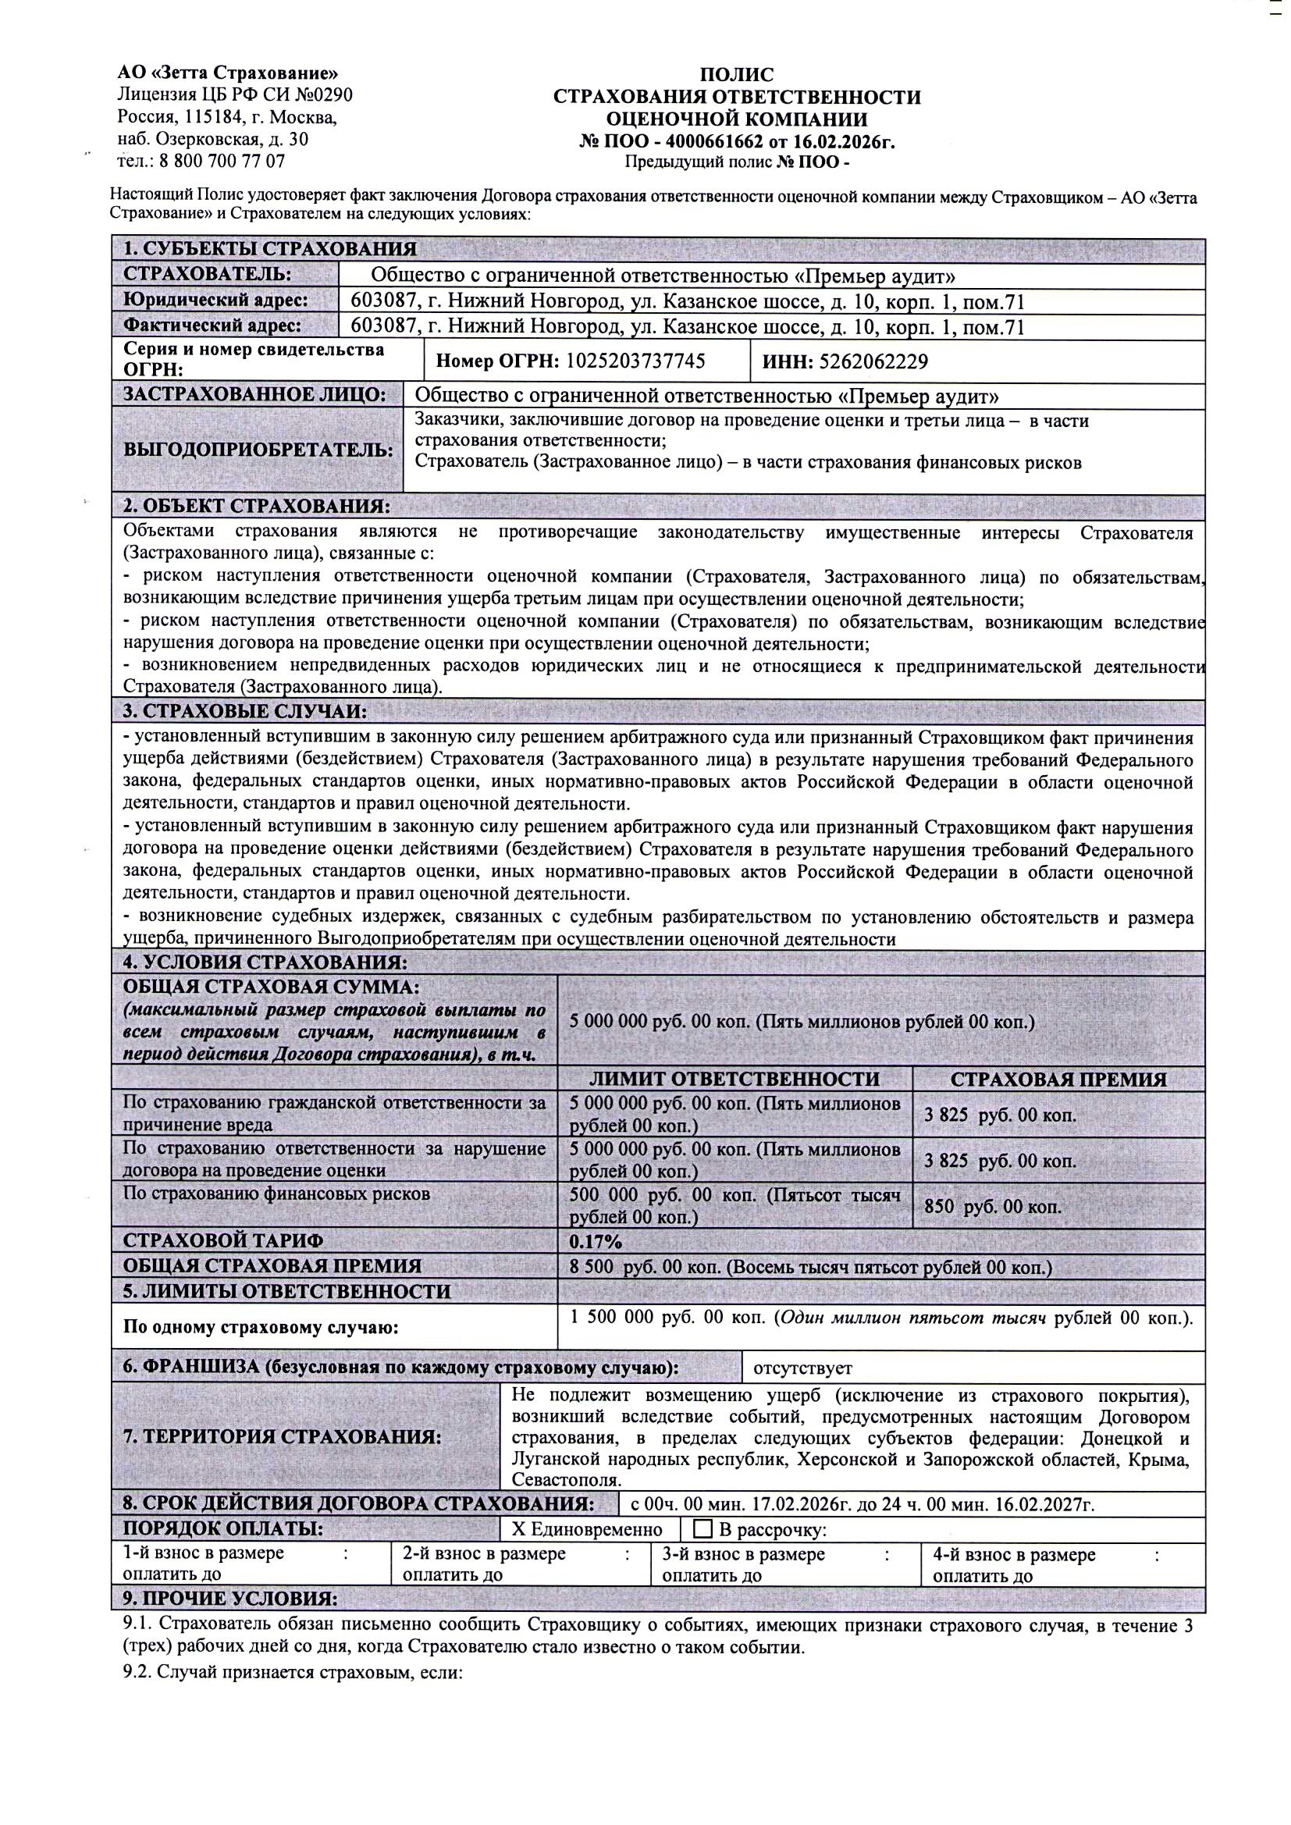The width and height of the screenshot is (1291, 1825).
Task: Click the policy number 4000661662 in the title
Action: coord(713,142)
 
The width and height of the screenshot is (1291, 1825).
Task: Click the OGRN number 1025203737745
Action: coord(635,361)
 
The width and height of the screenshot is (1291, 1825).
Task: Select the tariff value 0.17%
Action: coord(596,1241)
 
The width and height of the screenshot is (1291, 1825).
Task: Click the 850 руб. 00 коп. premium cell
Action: coord(993,1206)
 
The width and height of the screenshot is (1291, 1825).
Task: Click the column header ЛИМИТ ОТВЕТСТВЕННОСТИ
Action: coord(734,1079)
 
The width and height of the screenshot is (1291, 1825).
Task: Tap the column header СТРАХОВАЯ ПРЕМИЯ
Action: coord(1058,1080)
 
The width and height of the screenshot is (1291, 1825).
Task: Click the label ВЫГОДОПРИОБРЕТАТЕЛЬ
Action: coord(258,450)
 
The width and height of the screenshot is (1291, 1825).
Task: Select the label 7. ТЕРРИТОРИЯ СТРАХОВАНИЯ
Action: coord(283,1436)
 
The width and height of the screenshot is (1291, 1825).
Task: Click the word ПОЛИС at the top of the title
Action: coord(736,75)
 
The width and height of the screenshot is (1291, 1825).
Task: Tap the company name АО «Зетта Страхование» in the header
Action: coord(222,73)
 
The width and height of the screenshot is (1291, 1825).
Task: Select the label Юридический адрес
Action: coord(215,301)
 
